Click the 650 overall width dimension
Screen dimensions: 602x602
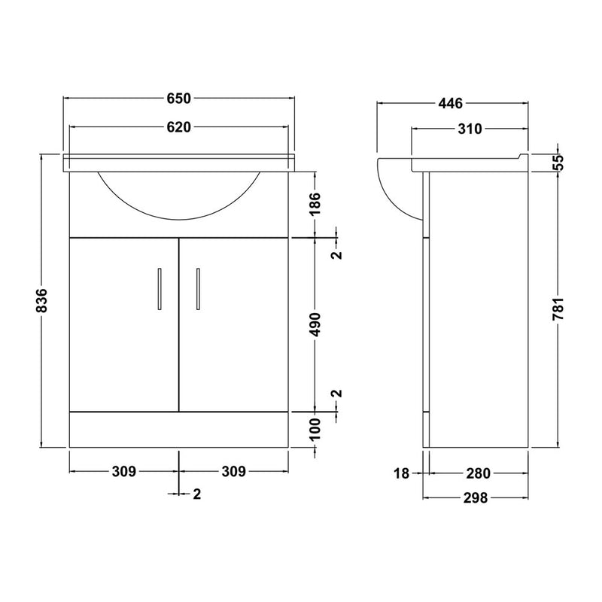click(x=178, y=99)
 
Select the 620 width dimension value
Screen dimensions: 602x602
click(x=178, y=127)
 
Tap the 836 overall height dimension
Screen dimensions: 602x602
click(x=41, y=300)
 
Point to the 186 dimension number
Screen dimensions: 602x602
click(x=315, y=204)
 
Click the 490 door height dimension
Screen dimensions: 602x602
click(x=315, y=324)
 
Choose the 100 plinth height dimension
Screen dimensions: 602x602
click(x=315, y=429)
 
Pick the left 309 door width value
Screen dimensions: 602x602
click(x=124, y=471)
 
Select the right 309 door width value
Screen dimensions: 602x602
click(x=233, y=471)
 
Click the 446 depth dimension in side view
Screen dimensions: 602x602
click(x=451, y=103)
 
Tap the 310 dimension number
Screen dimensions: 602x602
click(x=470, y=129)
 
